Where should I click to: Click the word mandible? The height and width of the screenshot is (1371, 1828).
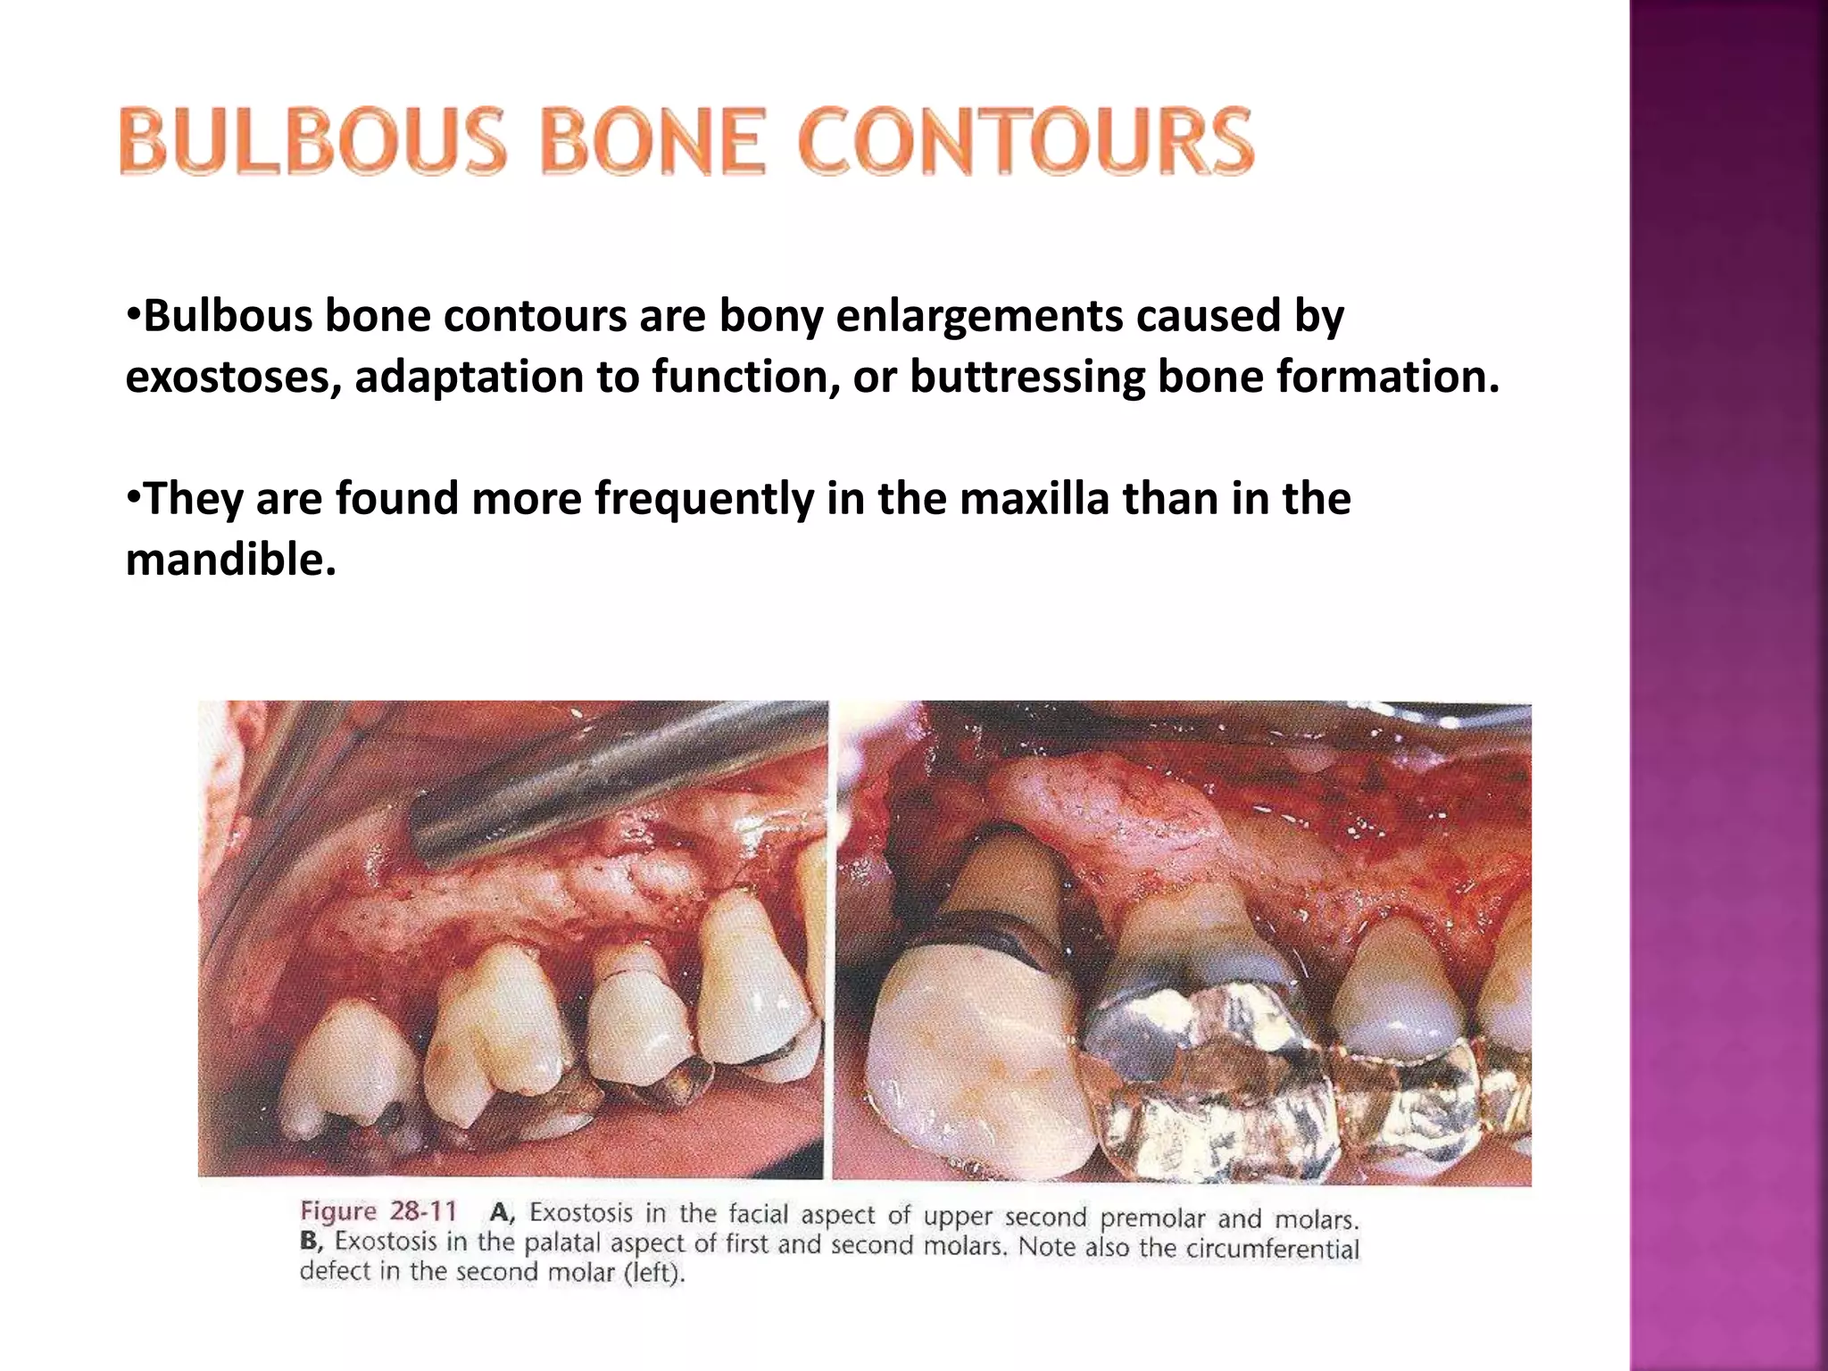click(230, 560)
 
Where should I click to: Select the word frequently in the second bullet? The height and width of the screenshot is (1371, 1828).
click(704, 498)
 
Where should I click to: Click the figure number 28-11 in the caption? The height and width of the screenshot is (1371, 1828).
click(423, 1211)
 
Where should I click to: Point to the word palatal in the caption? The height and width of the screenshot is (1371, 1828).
click(562, 1243)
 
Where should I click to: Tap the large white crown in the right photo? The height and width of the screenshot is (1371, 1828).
click(973, 1062)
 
